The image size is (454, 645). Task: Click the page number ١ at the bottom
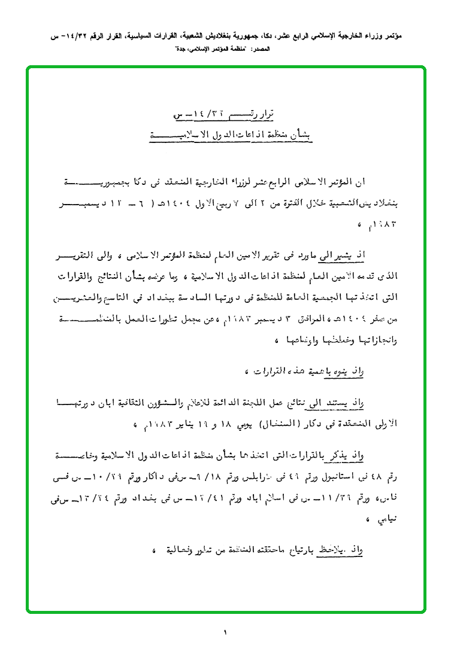(226, 631)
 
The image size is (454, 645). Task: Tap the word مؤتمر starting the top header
(393, 36)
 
